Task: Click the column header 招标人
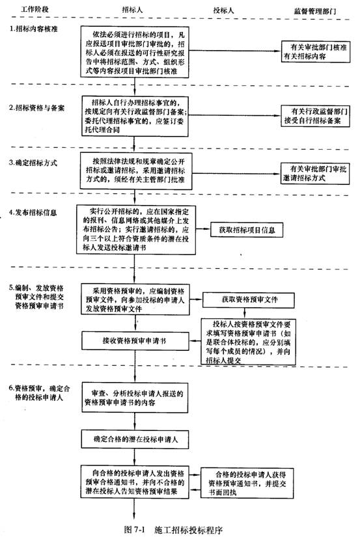(x=132, y=10)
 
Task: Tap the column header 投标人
(x=223, y=10)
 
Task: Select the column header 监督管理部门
(x=315, y=11)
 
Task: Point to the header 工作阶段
(x=35, y=9)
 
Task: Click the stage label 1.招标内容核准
(x=33, y=29)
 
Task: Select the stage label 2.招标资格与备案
(x=36, y=108)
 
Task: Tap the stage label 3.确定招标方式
(x=33, y=163)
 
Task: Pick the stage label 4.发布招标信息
(x=33, y=212)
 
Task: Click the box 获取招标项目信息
(x=247, y=230)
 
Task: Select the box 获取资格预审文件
(x=249, y=300)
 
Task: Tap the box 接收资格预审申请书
(x=135, y=341)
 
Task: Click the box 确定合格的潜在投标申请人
(x=135, y=439)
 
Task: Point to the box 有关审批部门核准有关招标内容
(x=316, y=51)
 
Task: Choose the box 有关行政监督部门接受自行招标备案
(x=316, y=116)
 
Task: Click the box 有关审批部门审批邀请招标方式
(x=315, y=174)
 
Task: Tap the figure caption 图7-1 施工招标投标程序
(x=173, y=529)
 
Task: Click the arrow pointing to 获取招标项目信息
(x=202, y=228)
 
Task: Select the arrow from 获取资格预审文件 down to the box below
(x=244, y=312)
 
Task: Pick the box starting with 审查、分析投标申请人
(x=135, y=397)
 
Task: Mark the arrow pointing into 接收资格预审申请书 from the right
(x=195, y=341)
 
